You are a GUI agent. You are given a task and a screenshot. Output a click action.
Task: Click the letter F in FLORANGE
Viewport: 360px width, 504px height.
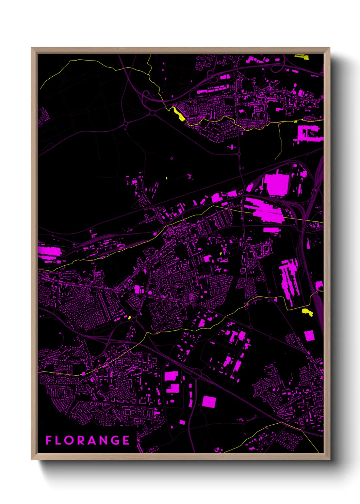pyautogui.click(x=49, y=440)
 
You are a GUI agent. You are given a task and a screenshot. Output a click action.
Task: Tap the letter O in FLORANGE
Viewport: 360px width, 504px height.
pyautogui.click(x=69, y=440)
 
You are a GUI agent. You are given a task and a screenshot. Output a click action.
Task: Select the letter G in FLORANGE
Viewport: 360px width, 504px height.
pyautogui.click(x=115, y=440)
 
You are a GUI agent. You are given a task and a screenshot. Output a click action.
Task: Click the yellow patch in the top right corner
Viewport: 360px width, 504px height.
pyautogui.click(x=301, y=57)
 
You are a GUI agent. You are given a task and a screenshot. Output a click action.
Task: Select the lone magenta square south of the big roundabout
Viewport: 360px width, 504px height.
pyautogui.click(x=209, y=402)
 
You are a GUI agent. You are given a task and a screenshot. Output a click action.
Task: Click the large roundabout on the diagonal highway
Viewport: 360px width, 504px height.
pyautogui.click(x=196, y=374)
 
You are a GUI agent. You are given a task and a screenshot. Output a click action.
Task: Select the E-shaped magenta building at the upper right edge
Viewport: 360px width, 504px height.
pyautogui.click(x=308, y=133)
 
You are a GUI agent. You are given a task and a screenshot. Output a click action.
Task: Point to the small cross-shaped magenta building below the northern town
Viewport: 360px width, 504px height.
pyautogui.click(x=232, y=147)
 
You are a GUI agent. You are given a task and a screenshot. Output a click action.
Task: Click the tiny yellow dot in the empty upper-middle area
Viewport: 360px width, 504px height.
pyautogui.click(x=166, y=178)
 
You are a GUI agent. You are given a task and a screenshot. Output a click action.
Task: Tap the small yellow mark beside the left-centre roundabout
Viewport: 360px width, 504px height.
pyautogui.click(x=129, y=317)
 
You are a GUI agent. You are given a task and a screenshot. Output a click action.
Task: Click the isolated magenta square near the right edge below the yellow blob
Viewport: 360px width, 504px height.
pyautogui.click(x=309, y=335)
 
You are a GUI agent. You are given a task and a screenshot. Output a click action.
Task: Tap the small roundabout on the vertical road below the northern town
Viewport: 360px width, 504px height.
pyautogui.click(x=239, y=154)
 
